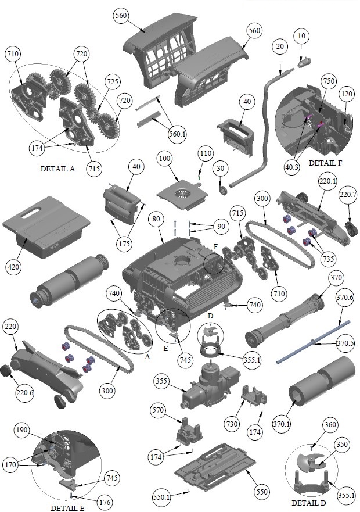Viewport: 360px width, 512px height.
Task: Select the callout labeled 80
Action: point(155,220)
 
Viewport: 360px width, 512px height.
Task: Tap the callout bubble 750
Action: point(328,81)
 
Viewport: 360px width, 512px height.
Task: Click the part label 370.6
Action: point(344,298)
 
